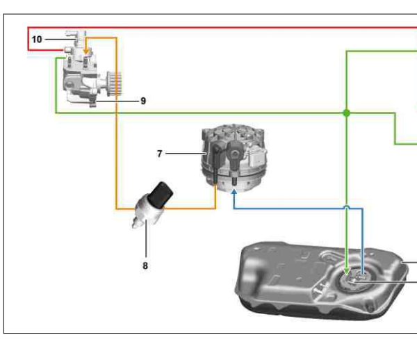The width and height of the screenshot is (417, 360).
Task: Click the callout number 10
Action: coord(37,40)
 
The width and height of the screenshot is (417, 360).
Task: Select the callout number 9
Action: coord(143,101)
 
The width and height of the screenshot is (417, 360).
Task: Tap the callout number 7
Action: coord(159,154)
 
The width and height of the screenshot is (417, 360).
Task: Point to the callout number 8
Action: coord(145,265)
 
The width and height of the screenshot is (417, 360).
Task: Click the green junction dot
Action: coord(347,113)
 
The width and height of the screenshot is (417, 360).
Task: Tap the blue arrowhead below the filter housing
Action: coord(234,191)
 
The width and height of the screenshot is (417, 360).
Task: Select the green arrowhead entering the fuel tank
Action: coord(347,271)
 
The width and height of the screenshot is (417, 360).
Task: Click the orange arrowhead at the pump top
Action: coord(86,51)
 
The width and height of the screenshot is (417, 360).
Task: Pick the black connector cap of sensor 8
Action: coord(161,195)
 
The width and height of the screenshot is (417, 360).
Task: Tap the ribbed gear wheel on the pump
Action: coord(115,84)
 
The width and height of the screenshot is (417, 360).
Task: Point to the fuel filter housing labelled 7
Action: coord(234,158)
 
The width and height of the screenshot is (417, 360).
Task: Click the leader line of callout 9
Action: coord(117,101)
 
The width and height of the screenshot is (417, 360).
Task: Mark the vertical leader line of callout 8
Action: coord(146,238)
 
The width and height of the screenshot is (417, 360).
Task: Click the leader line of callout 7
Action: coord(186,154)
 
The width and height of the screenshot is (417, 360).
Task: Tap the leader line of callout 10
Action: coord(60,40)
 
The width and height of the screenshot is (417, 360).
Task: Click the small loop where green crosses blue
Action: coord(347,207)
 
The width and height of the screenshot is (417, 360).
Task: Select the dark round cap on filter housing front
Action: coord(235,154)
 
